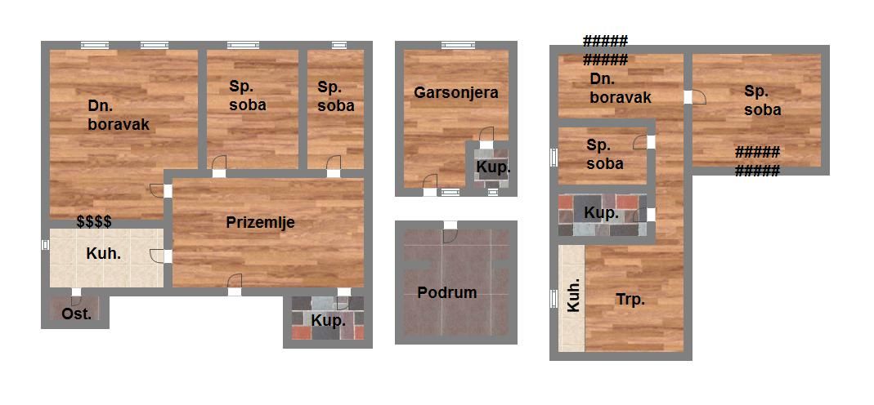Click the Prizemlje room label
[x=260, y=223]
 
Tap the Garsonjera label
[x=456, y=92]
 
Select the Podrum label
[x=447, y=292]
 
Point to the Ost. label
[x=76, y=314]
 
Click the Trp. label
[x=630, y=300]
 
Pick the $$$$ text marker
[x=94, y=222]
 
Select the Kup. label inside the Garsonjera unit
[x=493, y=167]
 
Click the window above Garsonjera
[x=459, y=46]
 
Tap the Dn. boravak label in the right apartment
[x=621, y=88]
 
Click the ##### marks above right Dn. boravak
[x=605, y=50]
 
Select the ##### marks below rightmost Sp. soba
[x=757, y=162]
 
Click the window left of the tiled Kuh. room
[x=45, y=245]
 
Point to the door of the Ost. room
[x=76, y=296]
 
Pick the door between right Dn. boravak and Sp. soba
[x=694, y=97]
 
